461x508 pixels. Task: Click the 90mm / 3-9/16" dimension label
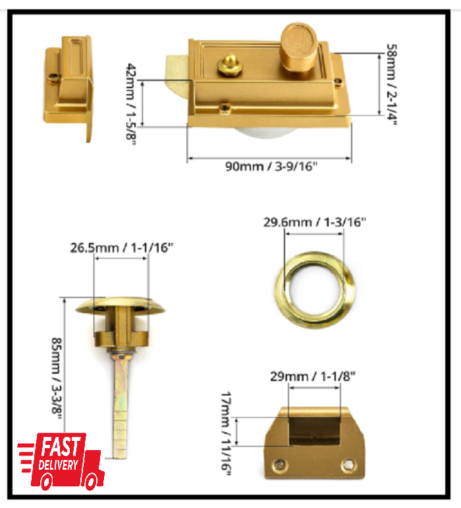[x=271, y=166]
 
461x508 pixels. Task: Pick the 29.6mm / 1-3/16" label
[x=315, y=222]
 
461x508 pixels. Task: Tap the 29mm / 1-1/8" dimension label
[x=313, y=376]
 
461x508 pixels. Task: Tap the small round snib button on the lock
[x=229, y=63]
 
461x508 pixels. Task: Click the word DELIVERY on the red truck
[x=59, y=465]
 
